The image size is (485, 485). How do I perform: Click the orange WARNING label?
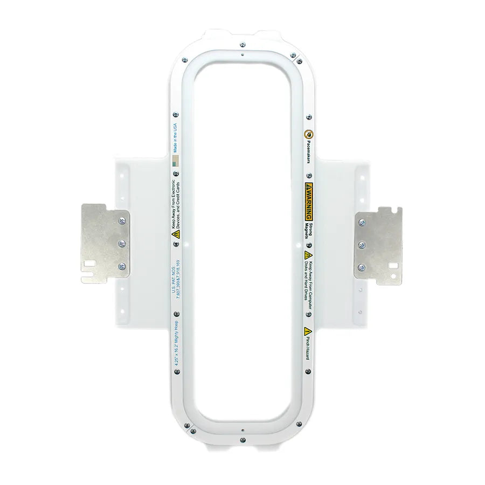[309, 201]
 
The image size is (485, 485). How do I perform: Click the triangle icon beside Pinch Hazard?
[308, 330]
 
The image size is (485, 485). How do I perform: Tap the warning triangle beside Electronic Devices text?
[175, 235]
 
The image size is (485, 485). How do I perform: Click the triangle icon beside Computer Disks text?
[308, 254]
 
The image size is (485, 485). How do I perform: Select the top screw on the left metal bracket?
[121, 221]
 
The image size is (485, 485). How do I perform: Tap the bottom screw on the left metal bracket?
[121, 266]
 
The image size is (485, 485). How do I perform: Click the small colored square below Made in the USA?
[175, 161]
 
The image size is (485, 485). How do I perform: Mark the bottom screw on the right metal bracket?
[362, 267]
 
